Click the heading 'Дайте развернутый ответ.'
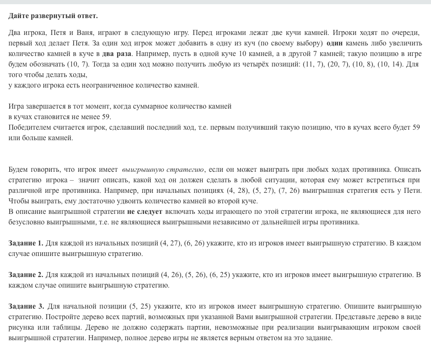click(53, 16)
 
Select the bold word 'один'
click(335, 43)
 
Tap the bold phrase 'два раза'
click(117, 54)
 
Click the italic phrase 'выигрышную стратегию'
click(163, 170)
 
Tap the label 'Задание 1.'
click(26, 243)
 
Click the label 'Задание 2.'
click(26, 275)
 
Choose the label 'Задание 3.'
click(26, 306)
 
